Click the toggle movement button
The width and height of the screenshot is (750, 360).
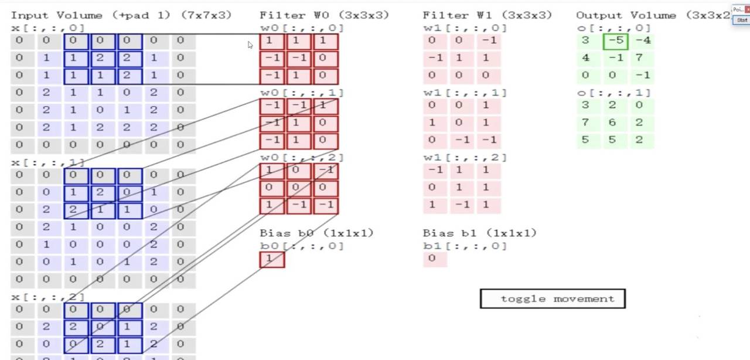click(553, 299)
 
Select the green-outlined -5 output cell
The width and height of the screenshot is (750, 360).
click(615, 41)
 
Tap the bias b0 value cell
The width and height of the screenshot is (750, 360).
click(272, 259)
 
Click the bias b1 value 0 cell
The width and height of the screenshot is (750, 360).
click(434, 259)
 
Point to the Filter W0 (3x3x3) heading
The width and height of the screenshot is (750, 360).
click(324, 15)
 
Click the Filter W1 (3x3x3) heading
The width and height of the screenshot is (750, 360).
click(486, 15)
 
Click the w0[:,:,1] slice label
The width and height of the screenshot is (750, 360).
click(302, 93)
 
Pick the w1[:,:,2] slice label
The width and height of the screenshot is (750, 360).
click(465, 157)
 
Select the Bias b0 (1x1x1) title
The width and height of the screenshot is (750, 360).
click(316, 233)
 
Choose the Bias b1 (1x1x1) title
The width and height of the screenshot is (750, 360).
click(479, 233)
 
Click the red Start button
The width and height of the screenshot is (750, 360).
click(742, 20)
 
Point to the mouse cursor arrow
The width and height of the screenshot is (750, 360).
click(250, 45)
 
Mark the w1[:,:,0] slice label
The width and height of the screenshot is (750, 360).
click(465, 28)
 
